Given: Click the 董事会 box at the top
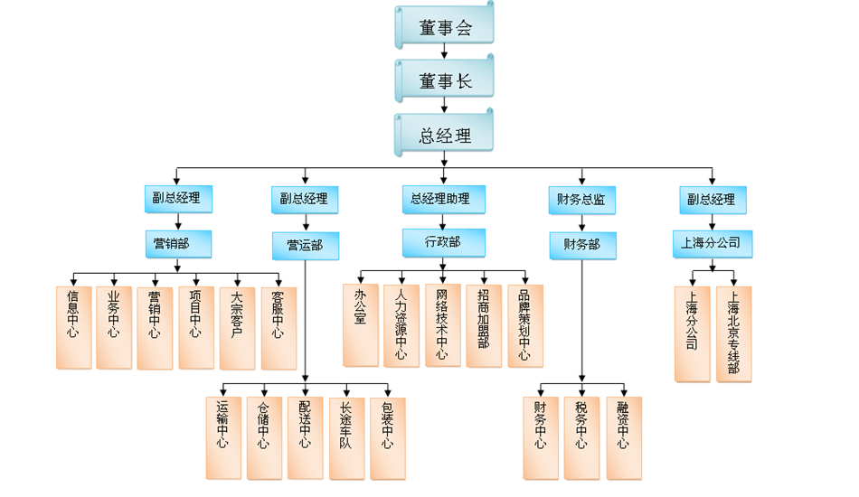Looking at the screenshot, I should pyautogui.click(x=445, y=27).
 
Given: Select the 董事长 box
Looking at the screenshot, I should pyautogui.click(x=445, y=81).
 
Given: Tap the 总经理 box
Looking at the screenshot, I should pyautogui.click(x=445, y=136).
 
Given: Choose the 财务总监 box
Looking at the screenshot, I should pyautogui.click(x=581, y=200).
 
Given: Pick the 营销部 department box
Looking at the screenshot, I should pyautogui.click(x=177, y=243).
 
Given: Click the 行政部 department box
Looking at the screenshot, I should pyautogui.click(x=443, y=242).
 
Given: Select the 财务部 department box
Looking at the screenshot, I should pyautogui.click(x=581, y=244).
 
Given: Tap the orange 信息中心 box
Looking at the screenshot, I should pyautogui.click(x=73, y=327).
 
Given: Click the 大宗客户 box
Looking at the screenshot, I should pyautogui.click(x=237, y=327).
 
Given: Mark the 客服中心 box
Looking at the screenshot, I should pyautogui.click(x=278, y=327).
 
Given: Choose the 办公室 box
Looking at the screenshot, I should pyautogui.click(x=360, y=324).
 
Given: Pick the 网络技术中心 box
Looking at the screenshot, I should pyautogui.click(x=442, y=324).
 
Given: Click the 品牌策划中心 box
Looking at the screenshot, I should pyautogui.click(x=524, y=324).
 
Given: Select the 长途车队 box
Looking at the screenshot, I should pyautogui.click(x=345, y=437).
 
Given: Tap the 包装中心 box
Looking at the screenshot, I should pyautogui.click(x=387, y=437).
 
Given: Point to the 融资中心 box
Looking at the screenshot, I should pyautogui.click(x=623, y=437).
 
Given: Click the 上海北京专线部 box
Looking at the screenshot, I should pyautogui.click(x=733, y=333).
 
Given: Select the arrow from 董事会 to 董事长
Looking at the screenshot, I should pyautogui.click(x=444, y=52).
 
